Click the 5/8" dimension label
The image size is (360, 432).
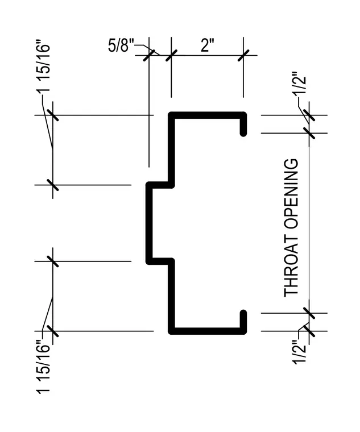tap(121, 45)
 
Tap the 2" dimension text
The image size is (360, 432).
tap(207, 45)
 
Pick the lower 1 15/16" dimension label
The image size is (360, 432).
tap(43, 367)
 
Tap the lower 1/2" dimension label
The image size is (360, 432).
tap(299, 352)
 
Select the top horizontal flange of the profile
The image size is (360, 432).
tap(207, 115)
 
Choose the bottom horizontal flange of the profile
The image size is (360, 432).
tap(207, 331)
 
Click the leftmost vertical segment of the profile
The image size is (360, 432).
tap(149, 223)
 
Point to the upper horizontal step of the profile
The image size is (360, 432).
tap(160, 185)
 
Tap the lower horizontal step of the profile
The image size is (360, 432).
tap(160, 261)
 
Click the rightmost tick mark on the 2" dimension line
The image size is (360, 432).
tap(243, 55)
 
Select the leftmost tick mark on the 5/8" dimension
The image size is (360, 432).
tap(149, 55)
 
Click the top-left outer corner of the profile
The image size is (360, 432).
tap(169, 112)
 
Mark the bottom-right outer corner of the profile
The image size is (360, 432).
tap(246, 334)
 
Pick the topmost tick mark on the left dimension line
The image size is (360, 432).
tap(53, 115)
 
